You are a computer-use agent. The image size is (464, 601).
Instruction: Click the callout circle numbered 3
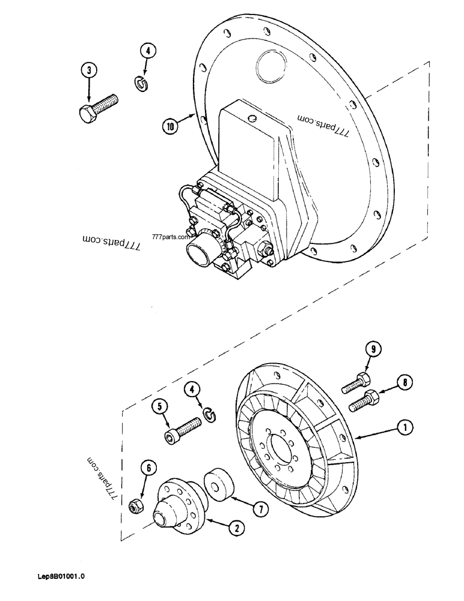[x=90, y=71]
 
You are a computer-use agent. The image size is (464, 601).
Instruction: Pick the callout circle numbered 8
[x=404, y=381]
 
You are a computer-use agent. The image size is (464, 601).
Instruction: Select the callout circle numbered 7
[x=260, y=509]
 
